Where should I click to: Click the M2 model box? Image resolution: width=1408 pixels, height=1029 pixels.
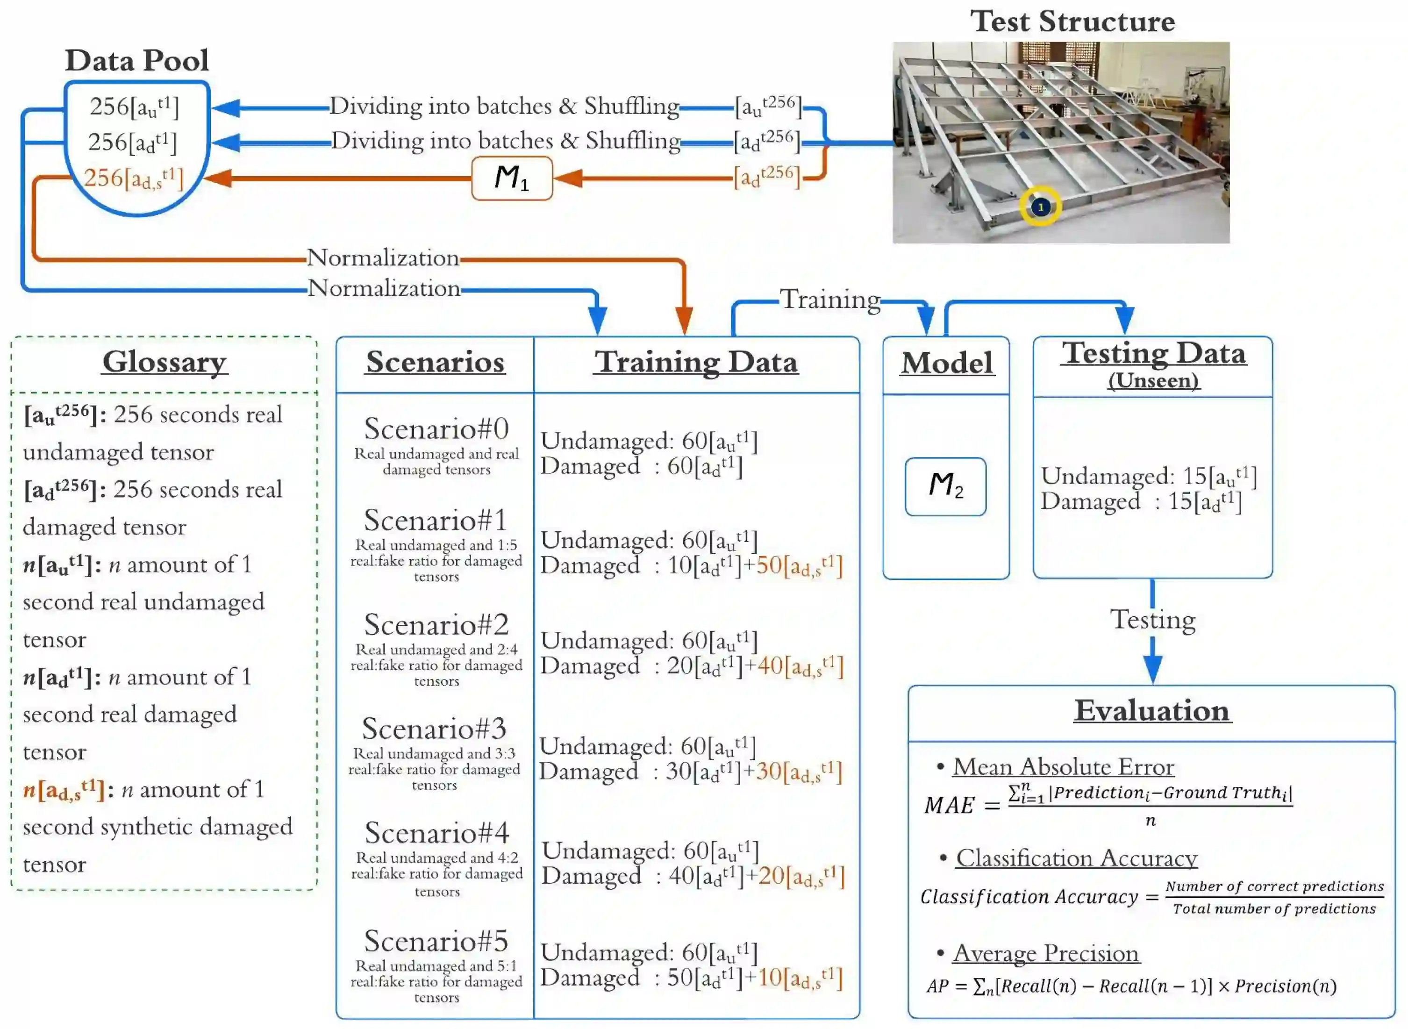click(945, 486)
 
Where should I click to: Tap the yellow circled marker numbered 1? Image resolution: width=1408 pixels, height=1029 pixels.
click(1040, 207)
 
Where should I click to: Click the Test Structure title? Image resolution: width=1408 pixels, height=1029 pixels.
click(1072, 22)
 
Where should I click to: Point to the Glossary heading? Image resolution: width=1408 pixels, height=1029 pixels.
click(164, 362)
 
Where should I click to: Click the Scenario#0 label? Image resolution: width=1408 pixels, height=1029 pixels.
click(436, 429)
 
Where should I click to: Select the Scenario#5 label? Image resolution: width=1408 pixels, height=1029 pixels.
click(436, 941)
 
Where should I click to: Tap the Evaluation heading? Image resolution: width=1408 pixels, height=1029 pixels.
click(1151, 711)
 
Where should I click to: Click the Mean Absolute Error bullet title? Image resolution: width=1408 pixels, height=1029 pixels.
click(1063, 767)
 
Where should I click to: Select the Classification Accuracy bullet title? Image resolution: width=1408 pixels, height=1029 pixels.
click(1076, 858)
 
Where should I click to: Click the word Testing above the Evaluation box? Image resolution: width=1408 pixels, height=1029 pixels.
click(1153, 620)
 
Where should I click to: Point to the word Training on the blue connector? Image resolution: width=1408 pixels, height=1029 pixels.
click(830, 300)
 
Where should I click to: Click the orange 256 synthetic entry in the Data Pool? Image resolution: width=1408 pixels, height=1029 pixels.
click(134, 179)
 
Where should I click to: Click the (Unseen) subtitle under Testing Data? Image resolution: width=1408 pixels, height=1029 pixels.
click(1153, 380)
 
